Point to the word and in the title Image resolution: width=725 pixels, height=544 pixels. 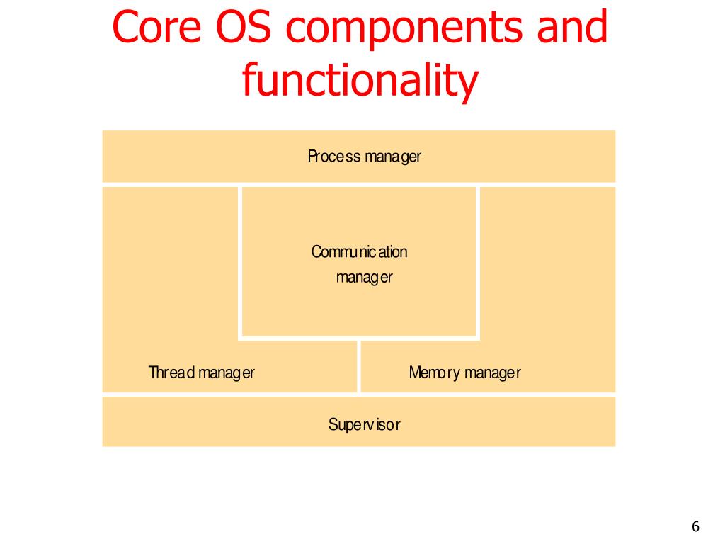click(x=569, y=28)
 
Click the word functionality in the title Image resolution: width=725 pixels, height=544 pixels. click(x=359, y=81)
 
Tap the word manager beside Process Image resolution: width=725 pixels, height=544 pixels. click(x=393, y=157)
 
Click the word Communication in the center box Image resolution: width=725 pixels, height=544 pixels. click(x=360, y=251)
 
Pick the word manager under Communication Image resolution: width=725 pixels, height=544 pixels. click(x=364, y=278)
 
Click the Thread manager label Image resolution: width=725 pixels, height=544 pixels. click(x=201, y=373)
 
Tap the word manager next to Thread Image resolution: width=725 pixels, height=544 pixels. click(x=226, y=373)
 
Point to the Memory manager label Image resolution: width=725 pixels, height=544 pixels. click(x=464, y=373)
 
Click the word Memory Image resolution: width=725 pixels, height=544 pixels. click(x=434, y=373)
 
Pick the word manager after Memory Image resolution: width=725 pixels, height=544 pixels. click(x=492, y=373)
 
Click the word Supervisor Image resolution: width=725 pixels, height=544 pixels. click(x=364, y=425)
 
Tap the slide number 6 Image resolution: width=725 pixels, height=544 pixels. click(x=695, y=526)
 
